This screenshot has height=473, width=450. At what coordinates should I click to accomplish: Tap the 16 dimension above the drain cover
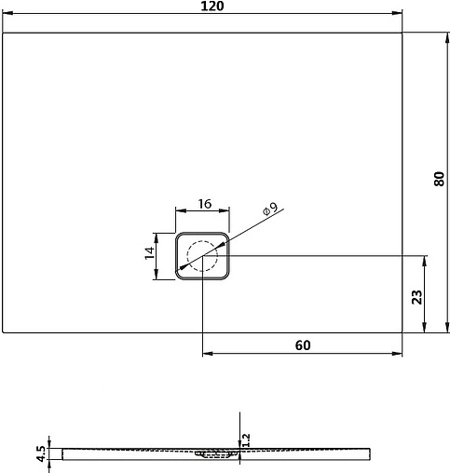[201, 204]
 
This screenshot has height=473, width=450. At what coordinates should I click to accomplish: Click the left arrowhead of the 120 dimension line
[7, 14]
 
